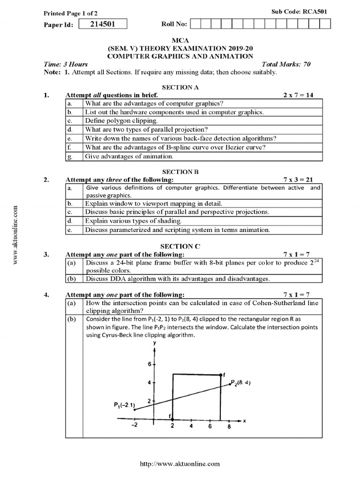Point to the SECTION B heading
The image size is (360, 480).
click(x=180, y=172)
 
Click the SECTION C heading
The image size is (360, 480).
click(x=180, y=246)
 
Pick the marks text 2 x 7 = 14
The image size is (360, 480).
click(x=298, y=95)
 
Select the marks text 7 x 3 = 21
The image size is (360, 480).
click(x=298, y=180)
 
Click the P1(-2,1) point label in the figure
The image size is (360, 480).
click(x=124, y=405)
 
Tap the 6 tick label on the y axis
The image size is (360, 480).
click(x=149, y=364)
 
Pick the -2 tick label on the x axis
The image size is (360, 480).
click(x=134, y=426)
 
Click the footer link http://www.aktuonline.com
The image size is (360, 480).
click(x=180, y=464)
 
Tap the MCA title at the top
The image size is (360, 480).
click(x=180, y=41)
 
